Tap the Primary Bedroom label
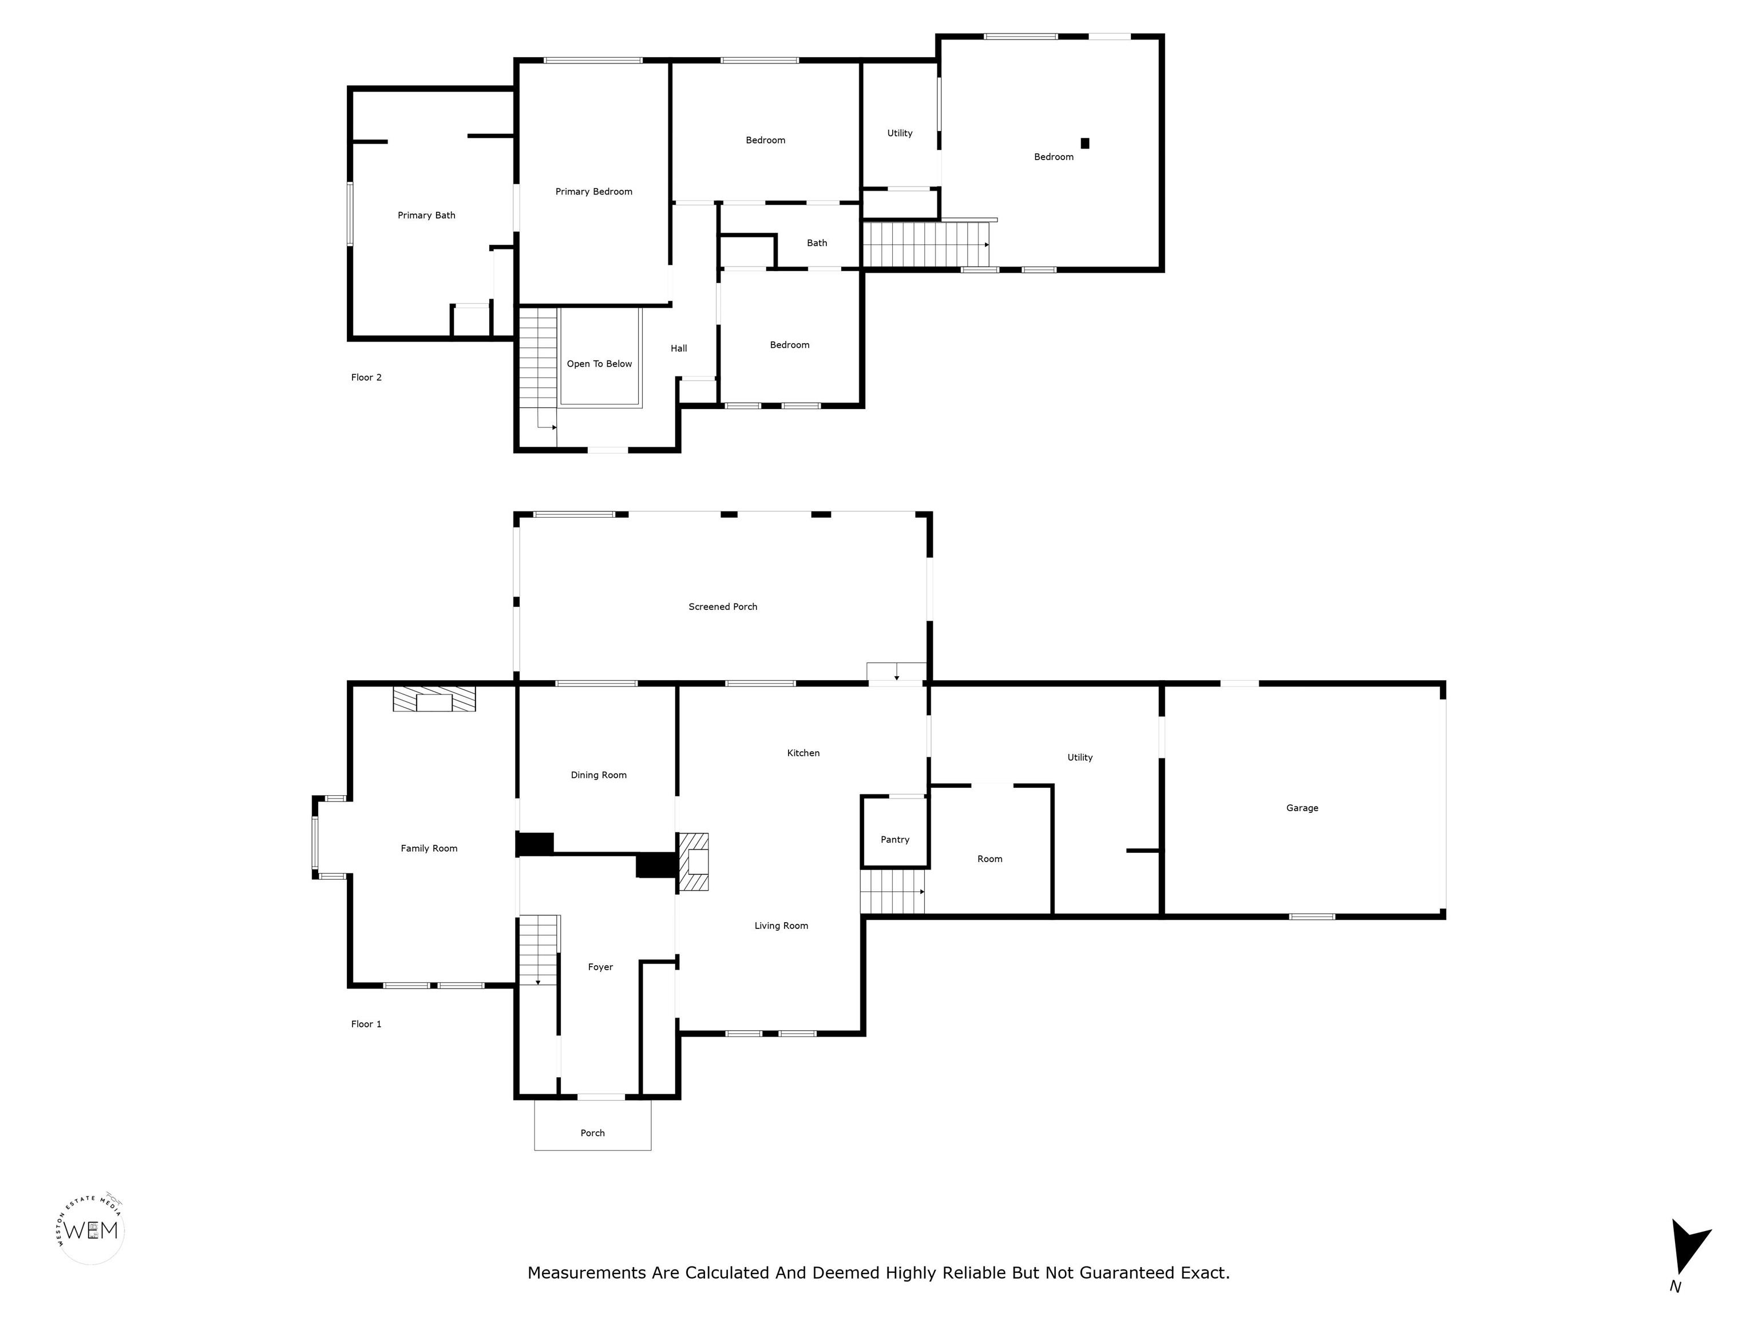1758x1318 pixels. (x=593, y=192)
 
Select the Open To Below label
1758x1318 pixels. (x=599, y=364)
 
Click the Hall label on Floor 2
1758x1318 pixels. (x=679, y=348)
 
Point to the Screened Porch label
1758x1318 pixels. (x=722, y=607)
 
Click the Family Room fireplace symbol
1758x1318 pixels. (x=434, y=699)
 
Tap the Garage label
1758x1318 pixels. (x=1302, y=808)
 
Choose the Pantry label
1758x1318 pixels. (x=895, y=840)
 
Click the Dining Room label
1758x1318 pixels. (x=599, y=775)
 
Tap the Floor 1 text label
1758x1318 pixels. (x=366, y=1024)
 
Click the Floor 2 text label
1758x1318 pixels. (x=366, y=378)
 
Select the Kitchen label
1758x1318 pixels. (x=803, y=753)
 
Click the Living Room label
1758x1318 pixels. (x=781, y=926)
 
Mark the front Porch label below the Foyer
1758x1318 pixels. (x=592, y=1133)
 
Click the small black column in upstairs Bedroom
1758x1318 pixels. (x=1085, y=143)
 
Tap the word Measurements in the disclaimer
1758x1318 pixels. (x=587, y=1273)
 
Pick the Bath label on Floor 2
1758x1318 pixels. (x=817, y=243)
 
